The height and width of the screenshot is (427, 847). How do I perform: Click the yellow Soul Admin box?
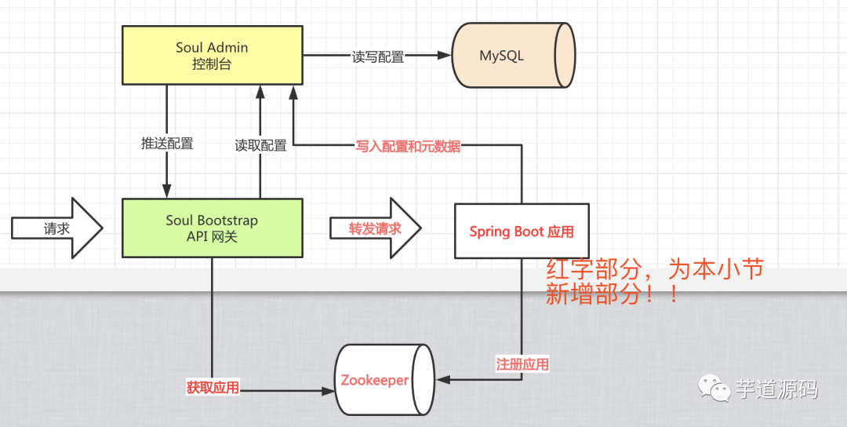click(213, 55)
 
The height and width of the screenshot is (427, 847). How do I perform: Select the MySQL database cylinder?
click(513, 55)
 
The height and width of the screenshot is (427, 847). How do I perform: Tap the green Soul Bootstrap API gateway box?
click(213, 228)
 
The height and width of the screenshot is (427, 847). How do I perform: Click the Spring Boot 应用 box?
click(522, 231)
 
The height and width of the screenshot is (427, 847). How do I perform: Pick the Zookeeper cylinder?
click(384, 380)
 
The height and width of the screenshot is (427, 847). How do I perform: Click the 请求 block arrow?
click(57, 228)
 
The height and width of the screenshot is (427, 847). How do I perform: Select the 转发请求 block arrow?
click(376, 228)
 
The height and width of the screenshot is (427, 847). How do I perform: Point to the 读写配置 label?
click(378, 57)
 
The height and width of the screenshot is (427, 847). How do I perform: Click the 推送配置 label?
click(167, 143)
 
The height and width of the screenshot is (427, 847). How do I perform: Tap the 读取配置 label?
click(260, 145)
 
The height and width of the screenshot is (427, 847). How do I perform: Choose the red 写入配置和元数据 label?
click(408, 146)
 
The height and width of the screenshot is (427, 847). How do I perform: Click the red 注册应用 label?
click(522, 363)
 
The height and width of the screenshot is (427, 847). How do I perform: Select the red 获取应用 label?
click(213, 387)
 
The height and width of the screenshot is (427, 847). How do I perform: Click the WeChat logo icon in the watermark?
click(714, 388)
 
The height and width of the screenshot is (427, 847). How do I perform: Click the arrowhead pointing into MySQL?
click(445, 55)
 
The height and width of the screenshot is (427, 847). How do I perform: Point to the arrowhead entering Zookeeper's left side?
click(328, 390)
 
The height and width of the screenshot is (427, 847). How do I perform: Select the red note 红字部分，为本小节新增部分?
click(654, 281)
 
